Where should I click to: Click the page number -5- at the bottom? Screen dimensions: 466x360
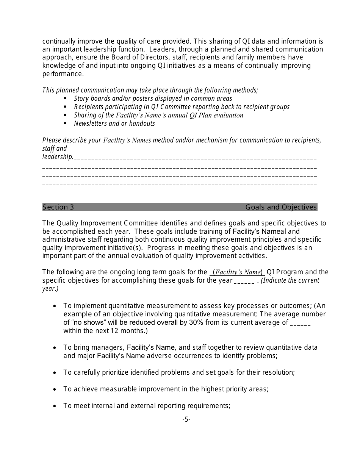(x=186, y=419)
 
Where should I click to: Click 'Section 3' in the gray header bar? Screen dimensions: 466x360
(x=58, y=207)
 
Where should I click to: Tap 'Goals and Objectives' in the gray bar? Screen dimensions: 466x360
(x=281, y=207)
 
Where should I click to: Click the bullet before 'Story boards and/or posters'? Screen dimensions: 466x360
(x=65, y=99)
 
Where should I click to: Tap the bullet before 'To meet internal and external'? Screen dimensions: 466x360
(x=55, y=406)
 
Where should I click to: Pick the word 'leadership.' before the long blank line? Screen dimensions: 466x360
(x=58, y=157)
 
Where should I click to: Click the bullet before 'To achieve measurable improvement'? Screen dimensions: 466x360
(x=55, y=389)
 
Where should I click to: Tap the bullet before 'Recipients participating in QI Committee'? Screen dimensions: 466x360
(x=65, y=107)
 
